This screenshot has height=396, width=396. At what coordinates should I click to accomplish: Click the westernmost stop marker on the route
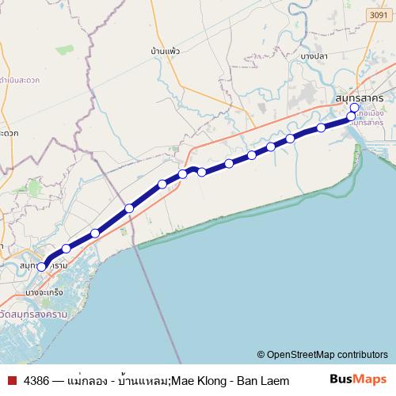[42, 267]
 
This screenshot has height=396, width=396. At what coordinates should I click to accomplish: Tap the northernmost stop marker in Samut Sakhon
[354, 108]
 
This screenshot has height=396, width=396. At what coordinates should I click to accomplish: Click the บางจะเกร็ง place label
[44, 293]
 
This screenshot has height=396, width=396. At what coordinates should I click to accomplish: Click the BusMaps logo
[356, 380]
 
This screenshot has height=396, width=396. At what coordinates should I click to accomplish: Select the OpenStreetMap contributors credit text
[327, 354]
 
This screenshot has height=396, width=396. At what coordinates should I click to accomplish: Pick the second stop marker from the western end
[67, 249]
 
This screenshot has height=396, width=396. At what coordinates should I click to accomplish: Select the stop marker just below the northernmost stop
[352, 116]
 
